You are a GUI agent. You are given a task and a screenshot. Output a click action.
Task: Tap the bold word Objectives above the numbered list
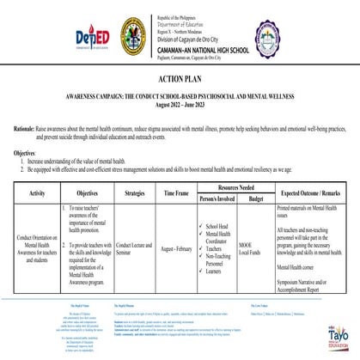[24, 150]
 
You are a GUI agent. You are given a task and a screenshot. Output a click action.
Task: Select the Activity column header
[37, 195]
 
